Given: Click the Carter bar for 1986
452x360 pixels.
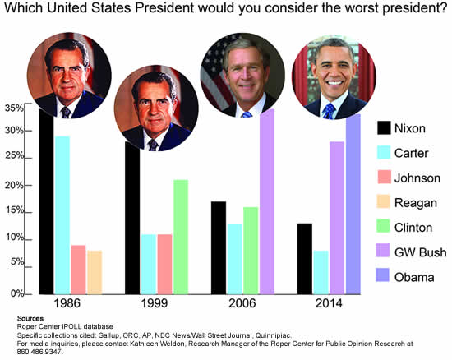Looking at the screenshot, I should pos(62,215).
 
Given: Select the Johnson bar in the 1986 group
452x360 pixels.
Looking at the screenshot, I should pos(78,269).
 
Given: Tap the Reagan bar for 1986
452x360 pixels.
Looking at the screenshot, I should pos(95,271).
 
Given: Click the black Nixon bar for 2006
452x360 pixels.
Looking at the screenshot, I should pos(218,247).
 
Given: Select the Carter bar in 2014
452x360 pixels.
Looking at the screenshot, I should pos(321,272).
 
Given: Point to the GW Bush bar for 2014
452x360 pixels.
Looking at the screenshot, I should pos(337,217).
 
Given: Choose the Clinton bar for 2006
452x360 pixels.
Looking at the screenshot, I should pos(251,250).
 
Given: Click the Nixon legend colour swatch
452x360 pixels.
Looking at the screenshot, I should pos(384,128).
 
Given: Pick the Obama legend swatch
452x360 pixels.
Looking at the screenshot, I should pos(384,277).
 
